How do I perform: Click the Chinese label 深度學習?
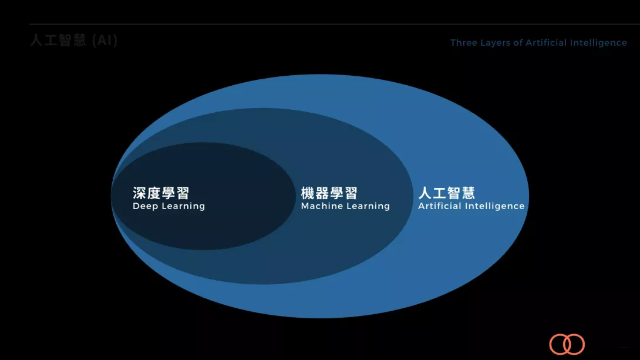click(x=161, y=193)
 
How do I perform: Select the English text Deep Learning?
click(x=169, y=206)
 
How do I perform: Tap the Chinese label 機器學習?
click(x=329, y=193)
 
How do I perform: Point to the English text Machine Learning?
click(x=345, y=206)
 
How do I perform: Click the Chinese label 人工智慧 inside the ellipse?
click(x=446, y=193)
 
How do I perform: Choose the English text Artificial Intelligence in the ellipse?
click(x=471, y=206)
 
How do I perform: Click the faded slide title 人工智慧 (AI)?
click(x=74, y=41)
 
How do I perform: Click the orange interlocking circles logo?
click(x=567, y=344)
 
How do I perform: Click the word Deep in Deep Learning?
click(x=146, y=206)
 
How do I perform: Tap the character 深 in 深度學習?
click(x=140, y=193)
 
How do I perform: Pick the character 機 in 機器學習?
click(x=308, y=193)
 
